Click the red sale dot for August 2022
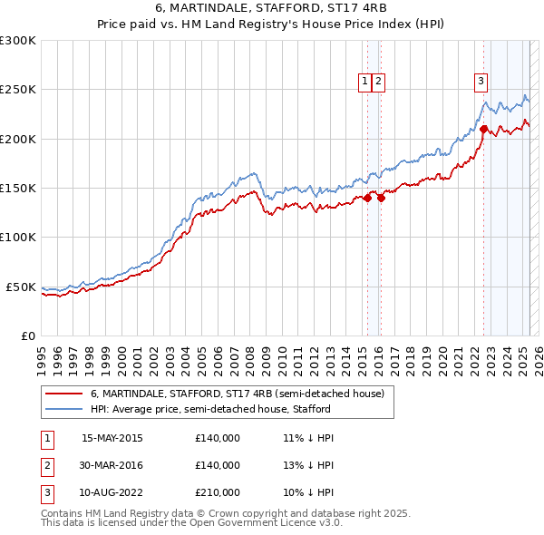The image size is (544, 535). (484, 129)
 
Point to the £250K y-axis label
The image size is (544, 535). (18, 90)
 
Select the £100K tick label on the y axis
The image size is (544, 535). (18, 237)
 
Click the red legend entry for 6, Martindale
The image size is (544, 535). (238, 394)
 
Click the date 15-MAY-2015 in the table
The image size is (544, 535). (112, 438)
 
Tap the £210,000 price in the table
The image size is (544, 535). (218, 492)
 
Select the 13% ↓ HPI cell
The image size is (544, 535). (308, 465)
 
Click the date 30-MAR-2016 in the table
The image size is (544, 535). (112, 465)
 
